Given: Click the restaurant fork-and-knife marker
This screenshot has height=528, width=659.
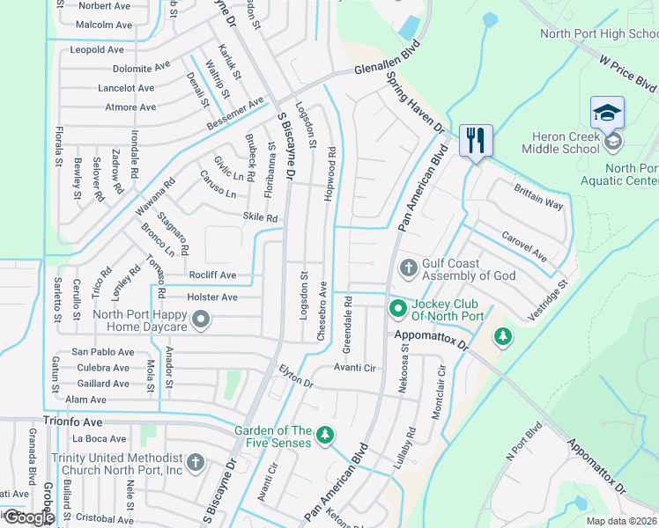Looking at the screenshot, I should (476, 140).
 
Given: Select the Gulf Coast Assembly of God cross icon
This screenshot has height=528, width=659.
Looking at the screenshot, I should (407, 267).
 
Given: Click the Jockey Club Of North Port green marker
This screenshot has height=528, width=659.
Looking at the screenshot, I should (397, 307).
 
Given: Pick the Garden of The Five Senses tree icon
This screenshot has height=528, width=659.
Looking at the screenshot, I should (325, 434).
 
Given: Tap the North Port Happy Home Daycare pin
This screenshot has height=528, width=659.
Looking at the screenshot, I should (200, 320).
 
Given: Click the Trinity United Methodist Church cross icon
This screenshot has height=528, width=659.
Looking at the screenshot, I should (196, 463).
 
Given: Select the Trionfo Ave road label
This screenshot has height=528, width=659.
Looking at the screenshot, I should (74, 422).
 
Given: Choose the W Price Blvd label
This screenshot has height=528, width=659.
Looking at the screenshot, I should (628, 74).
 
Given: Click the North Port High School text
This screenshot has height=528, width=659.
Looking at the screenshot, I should (599, 34).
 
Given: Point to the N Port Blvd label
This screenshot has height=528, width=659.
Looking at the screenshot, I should (522, 444).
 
